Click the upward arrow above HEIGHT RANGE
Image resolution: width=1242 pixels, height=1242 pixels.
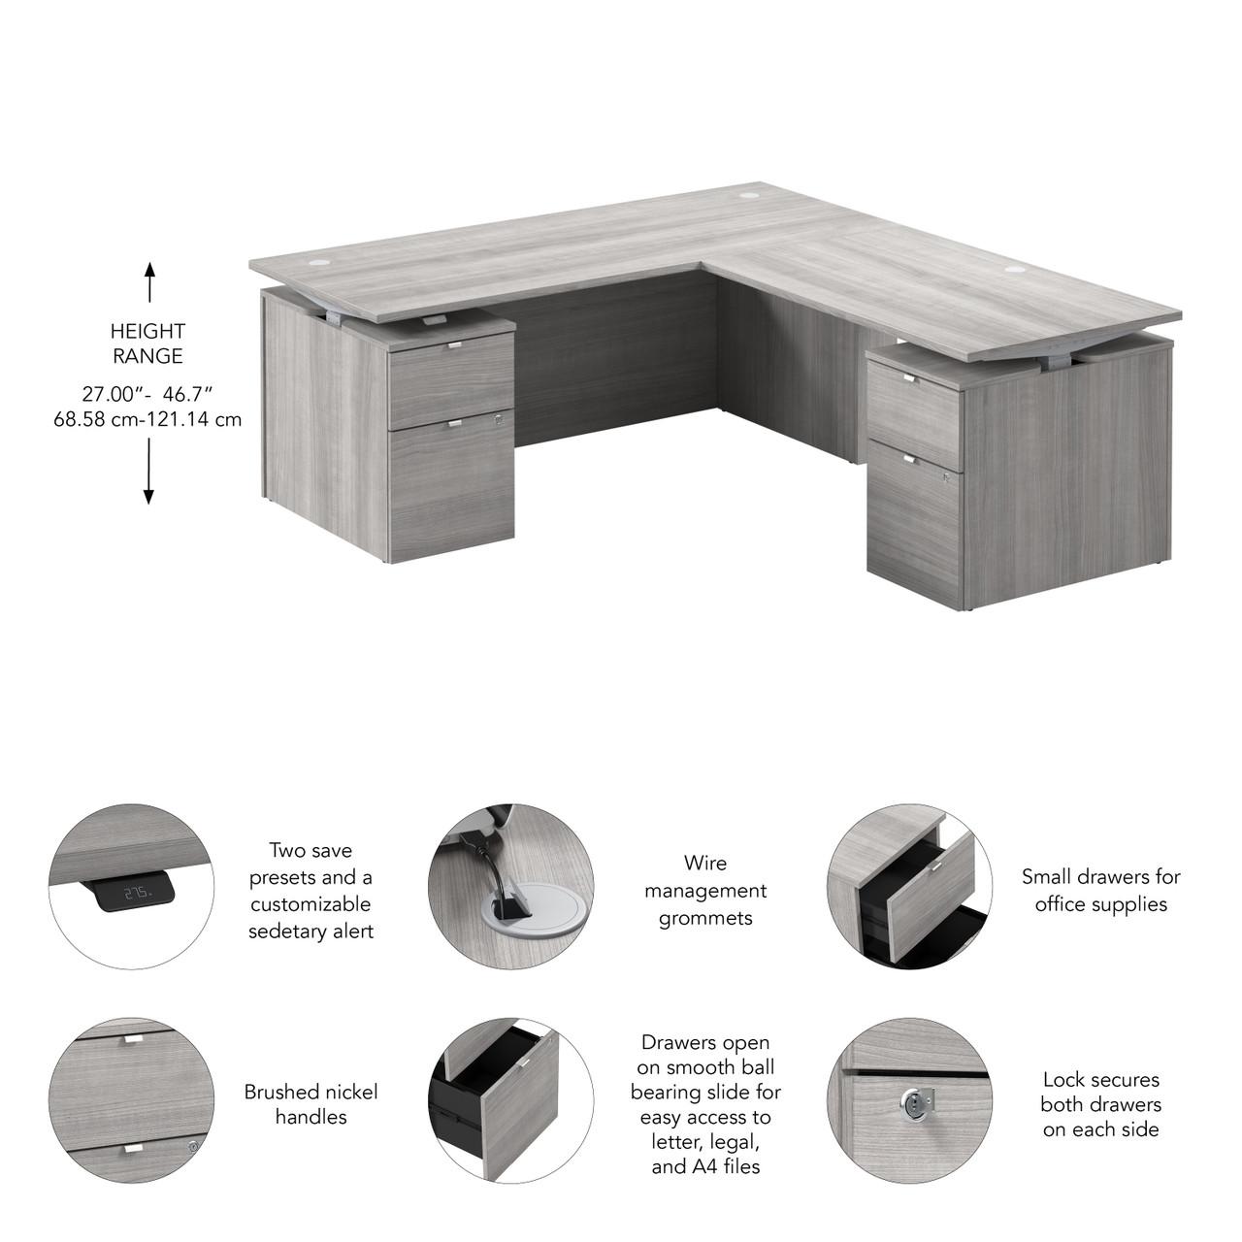point(149,282)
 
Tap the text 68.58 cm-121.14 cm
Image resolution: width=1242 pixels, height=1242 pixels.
point(147,420)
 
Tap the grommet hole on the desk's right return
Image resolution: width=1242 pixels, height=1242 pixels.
point(1015,268)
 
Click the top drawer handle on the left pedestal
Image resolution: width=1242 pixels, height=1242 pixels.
point(454,346)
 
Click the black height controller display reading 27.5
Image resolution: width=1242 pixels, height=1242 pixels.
point(135,891)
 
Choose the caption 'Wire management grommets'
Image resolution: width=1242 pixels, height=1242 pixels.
point(705,890)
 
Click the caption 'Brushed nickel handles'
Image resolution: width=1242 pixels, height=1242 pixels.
point(310,1104)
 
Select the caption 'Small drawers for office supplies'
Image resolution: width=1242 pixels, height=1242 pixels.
point(1100,890)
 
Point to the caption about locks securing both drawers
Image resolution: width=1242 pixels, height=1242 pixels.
point(1100,1104)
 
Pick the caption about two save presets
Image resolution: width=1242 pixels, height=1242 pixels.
point(310,891)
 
